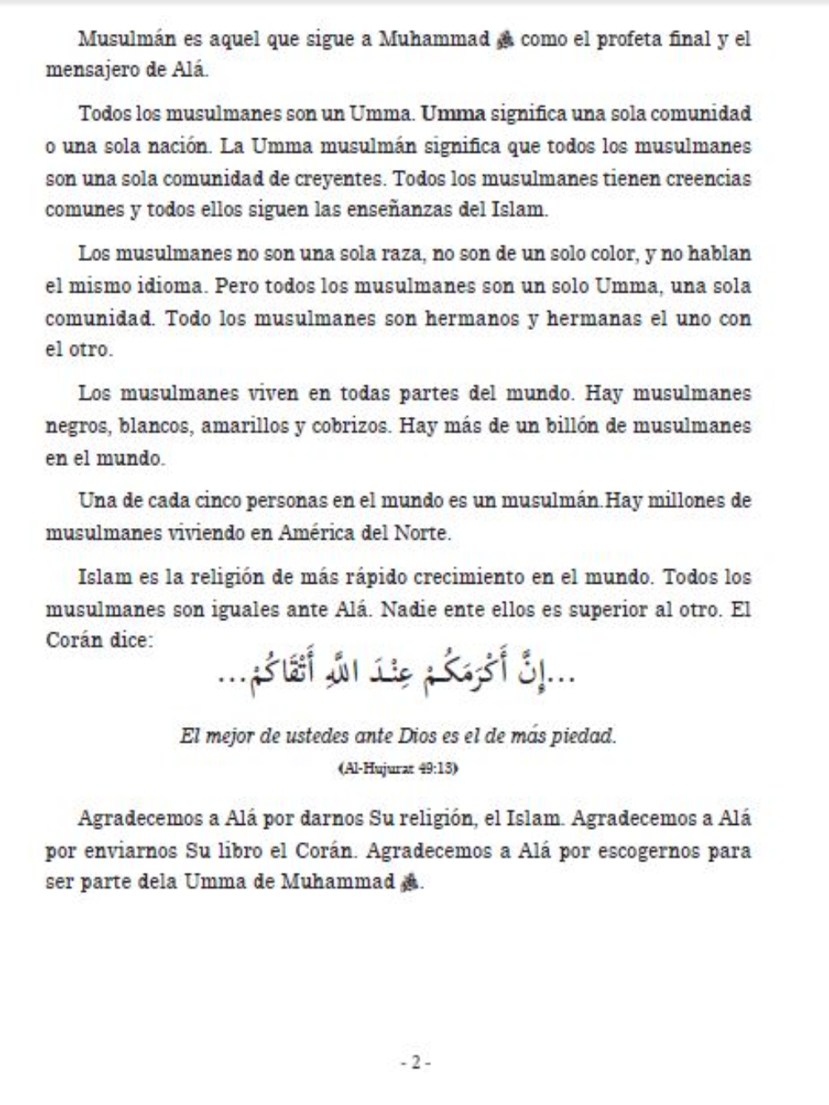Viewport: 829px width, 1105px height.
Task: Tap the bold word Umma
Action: pyautogui.click(x=453, y=114)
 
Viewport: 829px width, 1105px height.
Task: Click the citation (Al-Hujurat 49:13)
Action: pyautogui.click(x=398, y=768)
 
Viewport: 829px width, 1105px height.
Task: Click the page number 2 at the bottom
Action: pyautogui.click(x=414, y=1062)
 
